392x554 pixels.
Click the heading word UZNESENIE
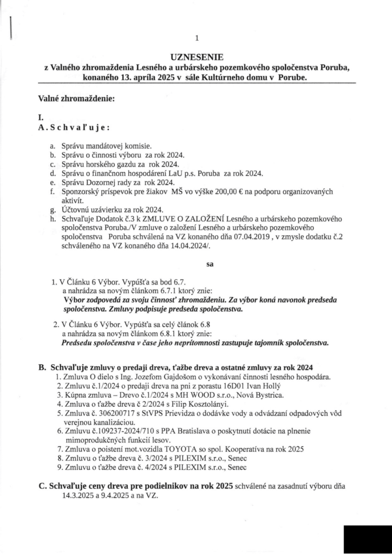[x=196, y=56]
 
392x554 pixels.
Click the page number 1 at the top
[x=197, y=38]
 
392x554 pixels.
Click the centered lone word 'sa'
[x=211, y=265]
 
